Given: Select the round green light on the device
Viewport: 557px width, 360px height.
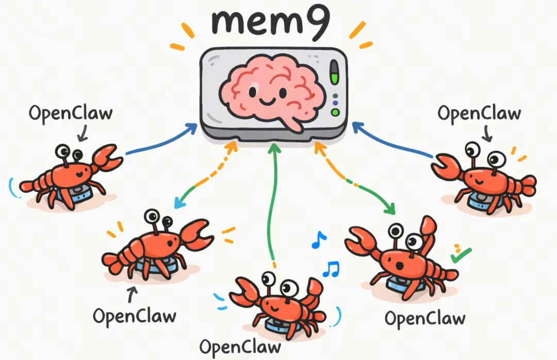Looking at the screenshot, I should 335,112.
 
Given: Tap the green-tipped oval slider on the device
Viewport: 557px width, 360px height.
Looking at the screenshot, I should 334,73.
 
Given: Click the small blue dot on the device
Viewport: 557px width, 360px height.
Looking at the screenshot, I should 335,96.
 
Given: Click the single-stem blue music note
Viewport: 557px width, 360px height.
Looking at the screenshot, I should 319,239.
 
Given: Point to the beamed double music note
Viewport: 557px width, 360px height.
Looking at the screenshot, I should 331,269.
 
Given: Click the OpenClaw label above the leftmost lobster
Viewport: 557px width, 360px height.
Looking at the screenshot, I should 70,113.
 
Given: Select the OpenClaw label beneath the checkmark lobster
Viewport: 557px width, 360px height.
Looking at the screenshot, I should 425,318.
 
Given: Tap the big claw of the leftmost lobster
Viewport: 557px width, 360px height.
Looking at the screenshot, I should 107,158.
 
